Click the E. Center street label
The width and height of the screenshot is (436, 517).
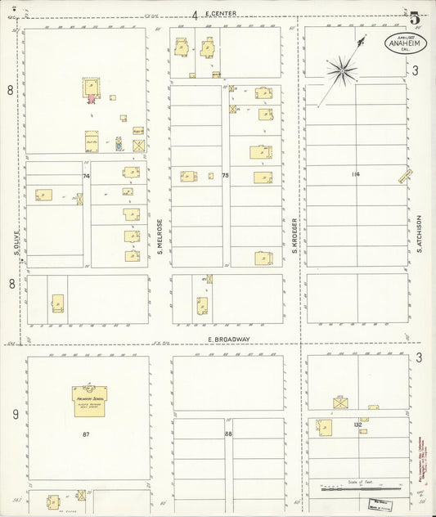[220, 13]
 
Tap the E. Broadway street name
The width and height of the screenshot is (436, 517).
[228, 339]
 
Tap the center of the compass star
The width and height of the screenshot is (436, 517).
[339, 72]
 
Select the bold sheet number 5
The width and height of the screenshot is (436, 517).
[416, 16]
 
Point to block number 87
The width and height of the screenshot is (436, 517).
[86, 434]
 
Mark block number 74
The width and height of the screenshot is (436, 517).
[86, 176]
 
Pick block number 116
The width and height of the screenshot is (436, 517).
[355, 174]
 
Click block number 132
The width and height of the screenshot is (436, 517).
[357, 425]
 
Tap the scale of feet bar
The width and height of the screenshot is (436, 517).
[360, 488]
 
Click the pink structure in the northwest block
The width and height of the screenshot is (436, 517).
[92, 100]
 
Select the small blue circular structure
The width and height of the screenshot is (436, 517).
[119, 140]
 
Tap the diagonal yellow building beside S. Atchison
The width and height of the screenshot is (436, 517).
[403, 175]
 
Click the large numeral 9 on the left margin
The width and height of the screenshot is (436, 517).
[11, 415]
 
